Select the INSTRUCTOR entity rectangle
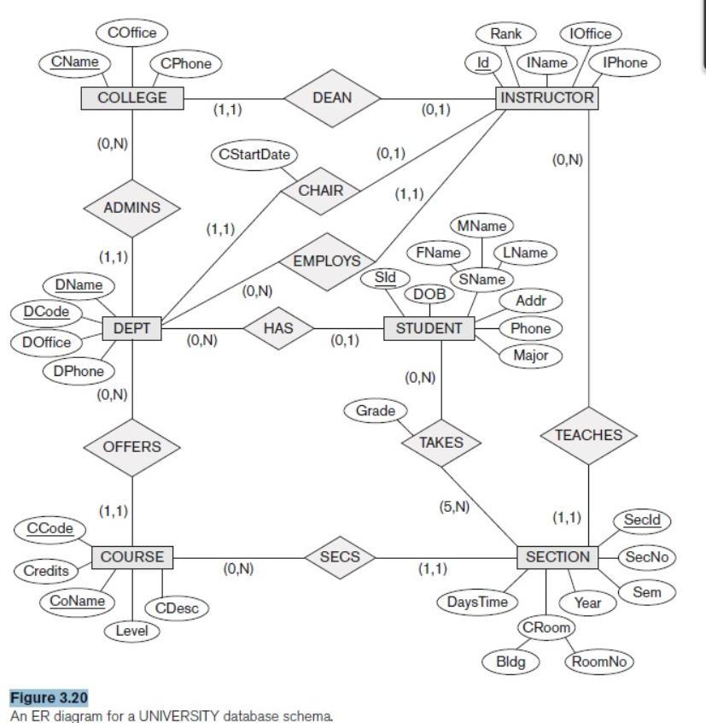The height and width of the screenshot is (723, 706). coord(547,98)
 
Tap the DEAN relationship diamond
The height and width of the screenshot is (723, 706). coord(332,98)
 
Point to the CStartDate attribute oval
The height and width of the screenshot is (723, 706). coord(253,156)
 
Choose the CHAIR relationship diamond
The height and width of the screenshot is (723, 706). coord(319,191)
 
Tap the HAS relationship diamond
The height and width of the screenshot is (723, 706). coord(277,327)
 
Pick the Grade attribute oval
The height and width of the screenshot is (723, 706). coord(375,411)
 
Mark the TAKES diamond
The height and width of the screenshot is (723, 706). coord(441,442)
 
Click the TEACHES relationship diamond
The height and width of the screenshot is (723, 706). coord(589,435)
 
